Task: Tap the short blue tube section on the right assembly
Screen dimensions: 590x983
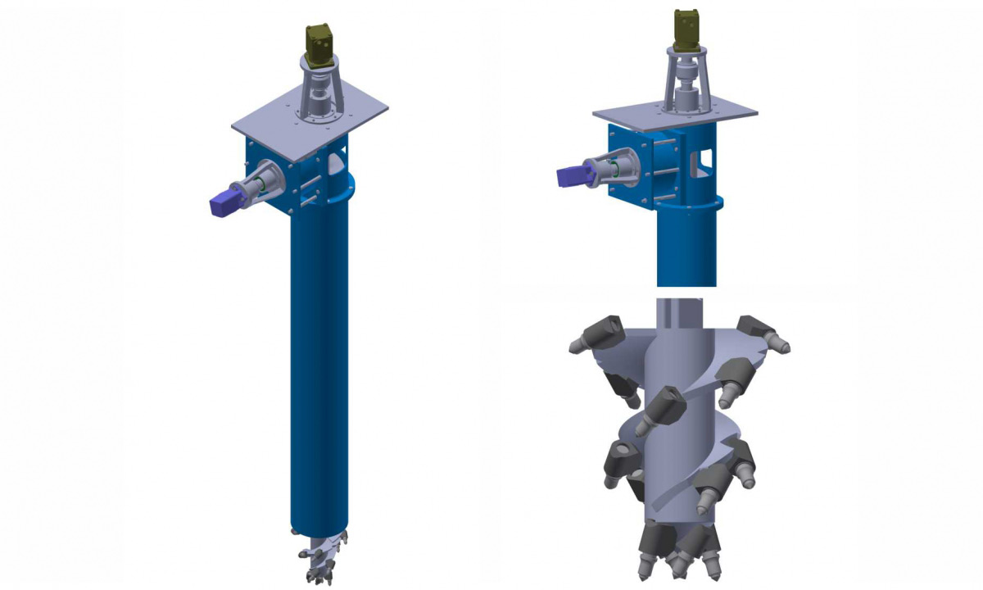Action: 686,246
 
